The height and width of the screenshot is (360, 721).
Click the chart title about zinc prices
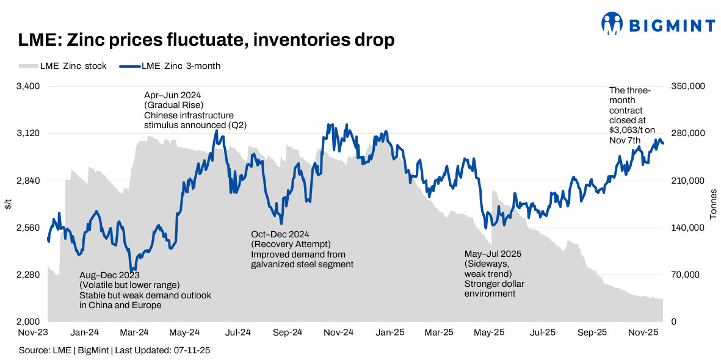[206, 40]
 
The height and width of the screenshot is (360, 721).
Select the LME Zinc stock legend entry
[63, 66]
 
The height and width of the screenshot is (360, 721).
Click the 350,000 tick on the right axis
[688, 87]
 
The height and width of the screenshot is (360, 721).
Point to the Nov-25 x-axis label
[643, 333]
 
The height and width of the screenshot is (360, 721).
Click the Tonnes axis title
[712, 204]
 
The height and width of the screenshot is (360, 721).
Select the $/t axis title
[8, 204]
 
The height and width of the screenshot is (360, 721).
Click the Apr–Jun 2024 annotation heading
[172, 96]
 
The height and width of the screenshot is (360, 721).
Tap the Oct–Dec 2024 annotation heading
[280, 235]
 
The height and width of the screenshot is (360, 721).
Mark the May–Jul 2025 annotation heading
[493, 254]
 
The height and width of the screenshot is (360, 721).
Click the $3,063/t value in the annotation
[631, 130]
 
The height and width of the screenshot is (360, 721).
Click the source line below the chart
[114, 351]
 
